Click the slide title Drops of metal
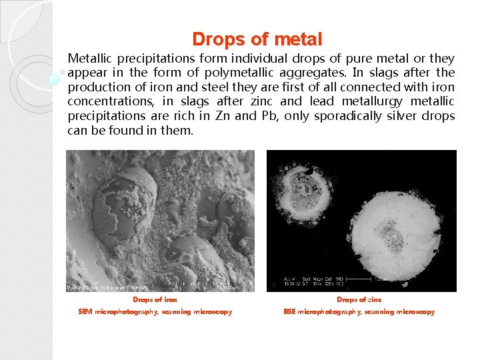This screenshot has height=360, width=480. (x=257, y=39)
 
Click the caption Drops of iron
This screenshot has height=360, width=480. (x=155, y=300)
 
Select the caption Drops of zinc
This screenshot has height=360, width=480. (x=359, y=300)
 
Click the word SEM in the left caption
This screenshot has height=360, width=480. (x=85, y=311)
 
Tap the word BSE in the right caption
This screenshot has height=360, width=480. (x=289, y=311)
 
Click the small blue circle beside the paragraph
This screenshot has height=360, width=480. (x=55, y=80)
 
